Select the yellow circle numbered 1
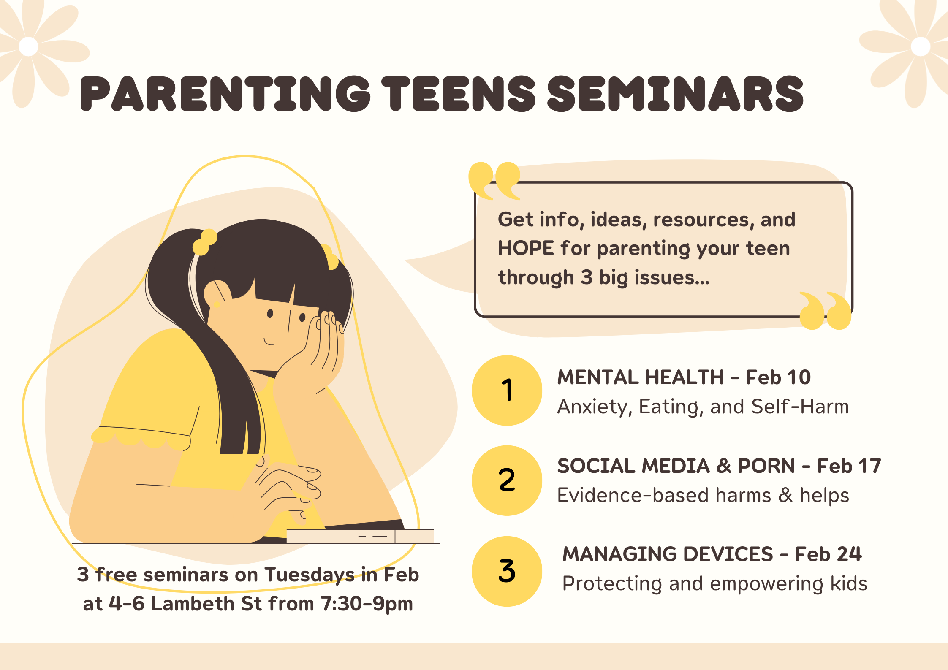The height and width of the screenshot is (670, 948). pyautogui.click(x=507, y=390)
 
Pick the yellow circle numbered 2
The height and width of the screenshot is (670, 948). pyautogui.click(x=507, y=480)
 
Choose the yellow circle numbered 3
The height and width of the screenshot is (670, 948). pyautogui.click(x=507, y=571)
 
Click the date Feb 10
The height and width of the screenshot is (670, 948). pyautogui.click(x=778, y=377)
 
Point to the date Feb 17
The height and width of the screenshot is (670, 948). pyautogui.click(x=849, y=466)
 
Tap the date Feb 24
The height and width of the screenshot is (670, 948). pyautogui.click(x=828, y=554)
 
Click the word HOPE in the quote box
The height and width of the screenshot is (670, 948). pyautogui.click(x=526, y=248)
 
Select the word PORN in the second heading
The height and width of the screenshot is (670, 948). pyautogui.click(x=766, y=466)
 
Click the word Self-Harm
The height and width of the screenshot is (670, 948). pyautogui.click(x=800, y=407)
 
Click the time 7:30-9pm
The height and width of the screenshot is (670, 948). pyautogui.click(x=367, y=604)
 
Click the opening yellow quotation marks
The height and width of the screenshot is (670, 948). pyautogui.click(x=494, y=181)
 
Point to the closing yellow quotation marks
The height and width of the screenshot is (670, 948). pyautogui.click(x=825, y=310)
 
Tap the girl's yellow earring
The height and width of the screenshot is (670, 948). pyautogui.click(x=217, y=304)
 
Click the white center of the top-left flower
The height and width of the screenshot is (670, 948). pyautogui.click(x=28, y=46)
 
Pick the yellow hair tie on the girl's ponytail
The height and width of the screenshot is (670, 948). pyautogui.click(x=205, y=242)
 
